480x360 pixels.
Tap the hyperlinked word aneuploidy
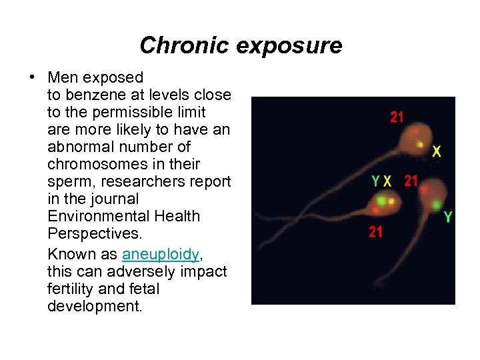click(x=161, y=254)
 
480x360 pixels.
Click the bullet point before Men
click(x=33, y=77)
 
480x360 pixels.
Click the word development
click(x=95, y=306)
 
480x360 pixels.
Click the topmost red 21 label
click(x=397, y=117)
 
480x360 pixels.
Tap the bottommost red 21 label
click(x=376, y=231)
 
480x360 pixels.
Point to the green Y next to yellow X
click(x=377, y=181)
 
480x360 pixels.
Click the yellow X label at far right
click(x=437, y=152)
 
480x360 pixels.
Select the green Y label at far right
click(x=448, y=217)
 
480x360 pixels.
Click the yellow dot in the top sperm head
click(x=419, y=144)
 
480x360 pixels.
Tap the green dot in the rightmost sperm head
click(x=436, y=204)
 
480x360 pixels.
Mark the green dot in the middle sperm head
click(x=381, y=199)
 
